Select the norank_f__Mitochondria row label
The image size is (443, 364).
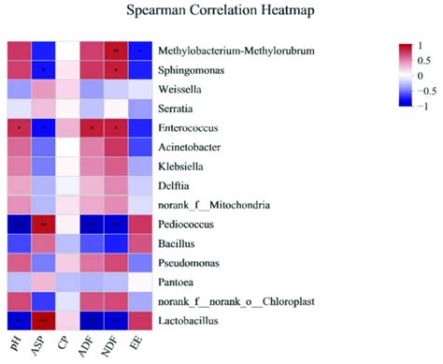(x=214, y=204)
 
